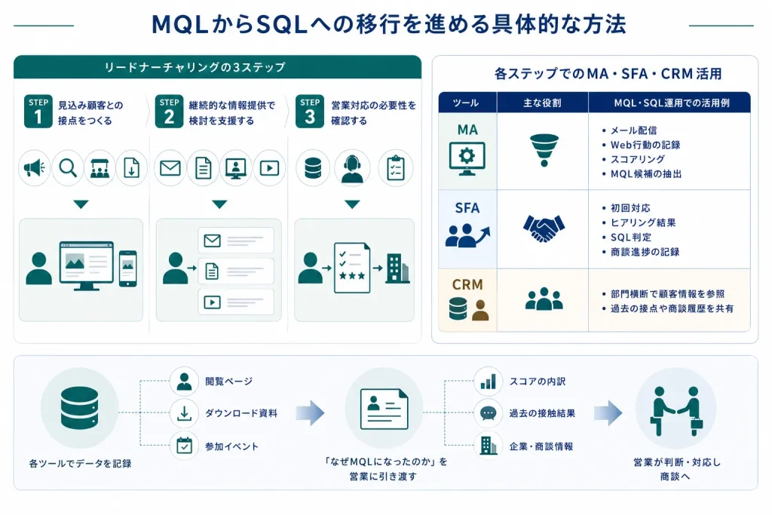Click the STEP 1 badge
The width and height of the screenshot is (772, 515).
pyautogui.click(x=38, y=112)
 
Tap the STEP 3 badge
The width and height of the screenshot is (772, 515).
pyautogui.click(x=310, y=112)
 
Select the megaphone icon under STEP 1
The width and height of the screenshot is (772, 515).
pyautogui.click(x=35, y=168)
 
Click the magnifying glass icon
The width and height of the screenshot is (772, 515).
pyautogui.click(x=68, y=168)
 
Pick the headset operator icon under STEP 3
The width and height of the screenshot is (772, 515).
pyautogui.click(x=352, y=169)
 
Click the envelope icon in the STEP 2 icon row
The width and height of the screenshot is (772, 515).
pyautogui.click(x=170, y=168)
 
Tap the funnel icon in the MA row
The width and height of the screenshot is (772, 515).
pyautogui.click(x=544, y=150)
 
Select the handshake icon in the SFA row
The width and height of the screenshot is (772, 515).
pyautogui.click(x=544, y=228)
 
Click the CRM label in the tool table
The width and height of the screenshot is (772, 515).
pyautogui.click(x=467, y=284)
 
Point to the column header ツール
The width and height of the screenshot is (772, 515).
pyautogui.click(x=466, y=103)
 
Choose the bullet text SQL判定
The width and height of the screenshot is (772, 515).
pyautogui.click(x=631, y=238)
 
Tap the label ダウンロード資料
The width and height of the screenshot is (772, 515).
pyautogui.click(x=241, y=413)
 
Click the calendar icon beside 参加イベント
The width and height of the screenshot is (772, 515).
pyautogui.click(x=184, y=445)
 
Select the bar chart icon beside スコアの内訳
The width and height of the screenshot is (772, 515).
pyautogui.click(x=488, y=381)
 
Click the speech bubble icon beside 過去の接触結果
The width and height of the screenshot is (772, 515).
pyautogui.click(x=488, y=413)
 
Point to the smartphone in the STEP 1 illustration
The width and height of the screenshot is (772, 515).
pyautogui.click(x=128, y=268)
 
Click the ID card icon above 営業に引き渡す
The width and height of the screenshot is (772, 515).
pyautogui.click(x=384, y=409)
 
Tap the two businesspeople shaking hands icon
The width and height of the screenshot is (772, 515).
pyautogui.click(x=676, y=411)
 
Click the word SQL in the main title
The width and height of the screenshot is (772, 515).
pyautogui.click(x=282, y=24)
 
